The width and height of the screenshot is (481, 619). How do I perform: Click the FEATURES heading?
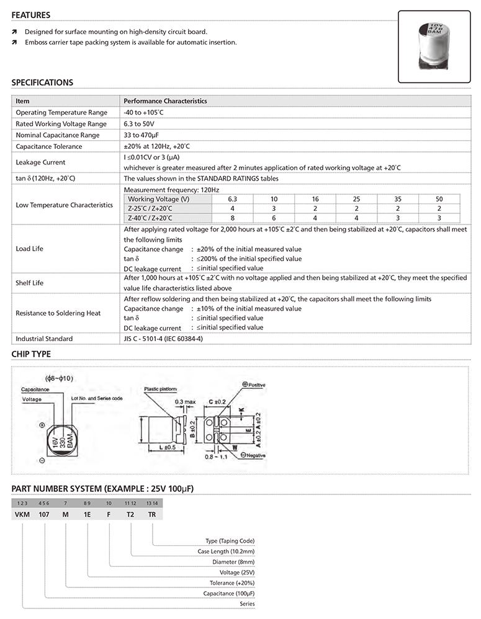(x=31, y=15)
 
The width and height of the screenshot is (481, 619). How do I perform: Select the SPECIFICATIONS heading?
(x=42, y=82)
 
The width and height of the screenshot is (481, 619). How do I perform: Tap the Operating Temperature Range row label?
(x=61, y=112)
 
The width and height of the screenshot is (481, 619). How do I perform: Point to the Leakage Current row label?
(x=40, y=163)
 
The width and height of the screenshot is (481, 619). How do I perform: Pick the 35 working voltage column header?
(x=397, y=198)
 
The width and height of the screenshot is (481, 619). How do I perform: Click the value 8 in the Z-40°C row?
(x=233, y=218)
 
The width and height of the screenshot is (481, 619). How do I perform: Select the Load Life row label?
(x=29, y=249)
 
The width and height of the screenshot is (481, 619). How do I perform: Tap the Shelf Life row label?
(x=30, y=283)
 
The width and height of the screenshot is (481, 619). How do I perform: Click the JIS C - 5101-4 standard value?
(x=163, y=339)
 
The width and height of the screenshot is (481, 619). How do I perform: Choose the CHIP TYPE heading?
(x=31, y=354)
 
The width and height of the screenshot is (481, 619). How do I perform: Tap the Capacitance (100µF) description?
(x=229, y=594)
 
